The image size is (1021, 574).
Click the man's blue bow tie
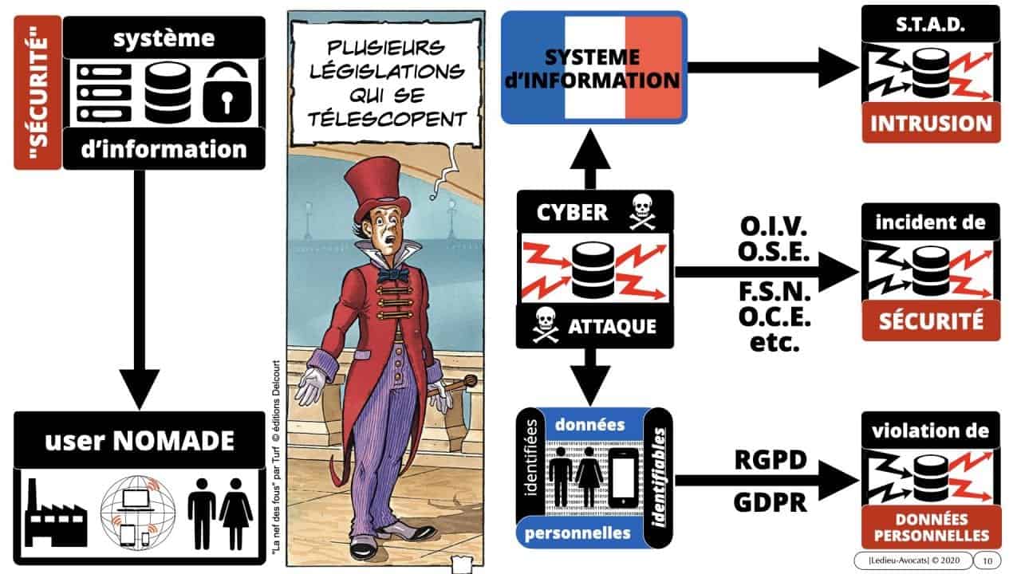pos(393,274)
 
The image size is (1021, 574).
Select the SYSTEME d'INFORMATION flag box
pos(593,68)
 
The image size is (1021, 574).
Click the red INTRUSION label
pos(930,124)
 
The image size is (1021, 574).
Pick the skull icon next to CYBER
pos(644,212)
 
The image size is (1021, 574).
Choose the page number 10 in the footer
pos(987,560)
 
